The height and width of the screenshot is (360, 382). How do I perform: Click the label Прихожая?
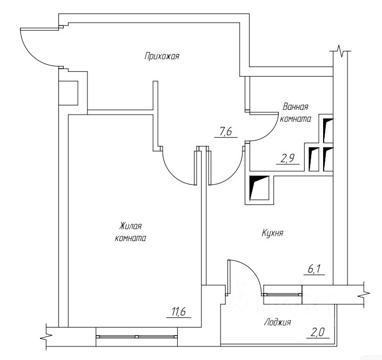(x=162, y=56)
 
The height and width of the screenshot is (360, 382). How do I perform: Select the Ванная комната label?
(x=295, y=112)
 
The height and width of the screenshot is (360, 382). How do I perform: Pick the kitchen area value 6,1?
(x=316, y=269)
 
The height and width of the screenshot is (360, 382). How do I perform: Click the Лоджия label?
(x=278, y=322)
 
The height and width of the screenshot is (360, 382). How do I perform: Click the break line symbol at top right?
(x=340, y=52)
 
